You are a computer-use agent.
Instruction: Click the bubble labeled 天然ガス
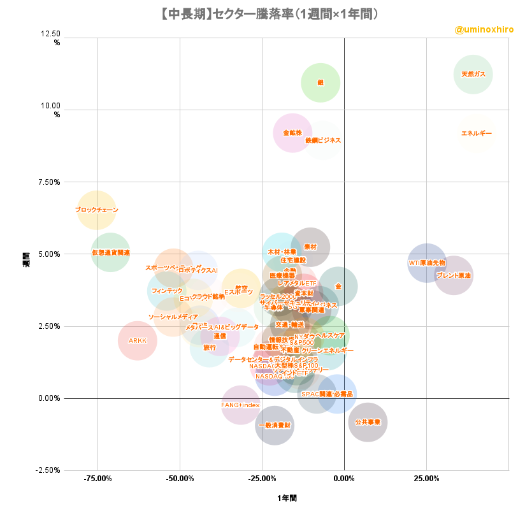473,75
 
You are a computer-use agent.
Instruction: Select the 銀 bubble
320,83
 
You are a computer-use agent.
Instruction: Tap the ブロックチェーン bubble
96,210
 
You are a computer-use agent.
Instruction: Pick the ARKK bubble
138,341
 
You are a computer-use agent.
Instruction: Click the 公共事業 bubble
368,422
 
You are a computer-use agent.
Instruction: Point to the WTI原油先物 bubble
427,263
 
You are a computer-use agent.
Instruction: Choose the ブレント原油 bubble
454,275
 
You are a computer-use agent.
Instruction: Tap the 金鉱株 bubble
292,133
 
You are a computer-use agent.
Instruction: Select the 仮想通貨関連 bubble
110,252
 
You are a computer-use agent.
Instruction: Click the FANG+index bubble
240,405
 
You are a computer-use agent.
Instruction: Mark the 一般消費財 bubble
275,424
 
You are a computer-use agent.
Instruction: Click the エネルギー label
477,133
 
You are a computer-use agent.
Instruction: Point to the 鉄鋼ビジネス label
323,140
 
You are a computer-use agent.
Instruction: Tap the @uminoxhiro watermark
484,30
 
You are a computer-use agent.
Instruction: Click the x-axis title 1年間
287,498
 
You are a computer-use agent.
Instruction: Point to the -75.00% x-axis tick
97,478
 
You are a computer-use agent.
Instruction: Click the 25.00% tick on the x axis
426,478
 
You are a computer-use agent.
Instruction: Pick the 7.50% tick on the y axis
48,182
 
